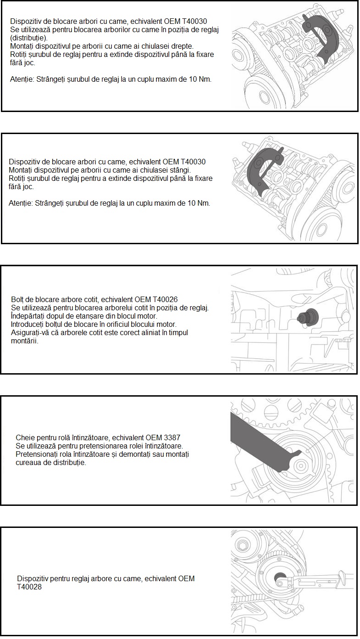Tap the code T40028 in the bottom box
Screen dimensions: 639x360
point(29,586)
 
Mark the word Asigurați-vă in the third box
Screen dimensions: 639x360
point(30,332)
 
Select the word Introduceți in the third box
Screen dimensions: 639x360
point(29,324)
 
